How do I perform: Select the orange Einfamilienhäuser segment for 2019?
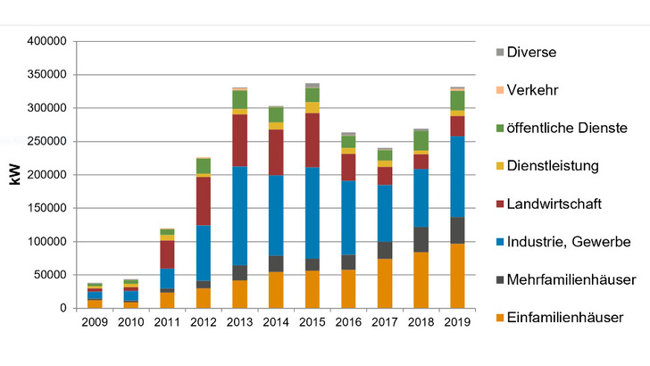pyautogui.click(x=457, y=275)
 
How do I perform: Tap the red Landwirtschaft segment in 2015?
pyautogui.click(x=312, y=140)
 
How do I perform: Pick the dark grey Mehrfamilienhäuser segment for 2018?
pyautogui.click(x=421, y=239)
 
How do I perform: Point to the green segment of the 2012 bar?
pyautogui.click(x=203, y=166)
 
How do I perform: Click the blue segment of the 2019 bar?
pyautogui.click(x=457, y=177)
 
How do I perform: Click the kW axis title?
pyautogui.click(x=14, y=174)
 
